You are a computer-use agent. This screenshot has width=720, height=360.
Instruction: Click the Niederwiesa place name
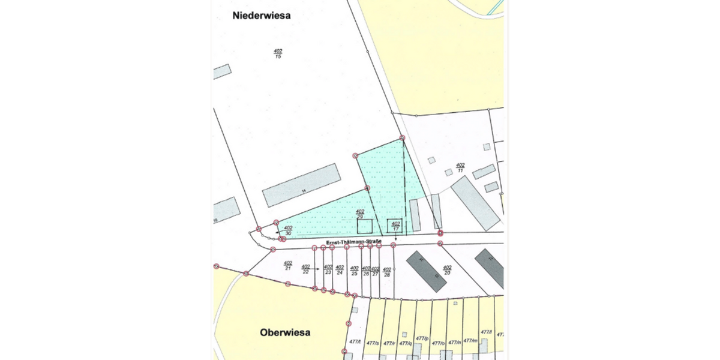coord(261,16)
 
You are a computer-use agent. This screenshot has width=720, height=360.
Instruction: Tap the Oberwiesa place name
coord(285,332)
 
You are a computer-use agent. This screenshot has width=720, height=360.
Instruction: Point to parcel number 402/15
coord(278,53)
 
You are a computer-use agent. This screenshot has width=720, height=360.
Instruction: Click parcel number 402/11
coord(460,167)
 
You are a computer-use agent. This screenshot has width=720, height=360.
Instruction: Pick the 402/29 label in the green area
coord(360,214)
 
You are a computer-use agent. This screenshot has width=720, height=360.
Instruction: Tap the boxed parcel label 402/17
coord(395,226)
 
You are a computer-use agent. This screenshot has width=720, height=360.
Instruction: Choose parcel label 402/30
coord(288,230)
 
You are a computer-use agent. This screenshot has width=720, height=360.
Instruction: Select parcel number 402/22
coord(305,269)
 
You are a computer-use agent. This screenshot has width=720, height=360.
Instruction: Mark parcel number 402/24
coord(340,270)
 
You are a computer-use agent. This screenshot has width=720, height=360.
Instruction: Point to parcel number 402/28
coord(387,272)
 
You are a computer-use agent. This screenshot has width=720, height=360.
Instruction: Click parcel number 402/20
coord(446,269)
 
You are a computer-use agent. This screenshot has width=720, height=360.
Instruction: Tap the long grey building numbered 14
coord(302,187)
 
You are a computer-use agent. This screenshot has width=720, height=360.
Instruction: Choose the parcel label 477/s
coord(374,343)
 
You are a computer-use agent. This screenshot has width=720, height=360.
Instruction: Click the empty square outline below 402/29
coord(365,227)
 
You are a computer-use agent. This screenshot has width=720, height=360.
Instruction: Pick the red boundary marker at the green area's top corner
coord(402,138)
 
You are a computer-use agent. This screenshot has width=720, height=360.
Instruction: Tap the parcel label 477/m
coord(470,341)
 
